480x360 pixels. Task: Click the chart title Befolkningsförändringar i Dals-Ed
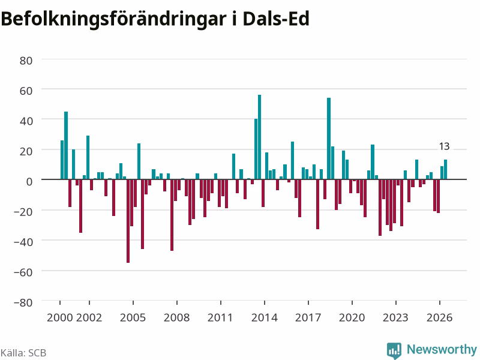[155, 19]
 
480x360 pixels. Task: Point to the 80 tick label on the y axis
[26, 61]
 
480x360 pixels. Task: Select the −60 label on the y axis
[23, 272]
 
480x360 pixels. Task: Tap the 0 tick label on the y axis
[29, 182]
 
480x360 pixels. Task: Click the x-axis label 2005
[133, 317]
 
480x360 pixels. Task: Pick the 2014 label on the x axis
[264, 317]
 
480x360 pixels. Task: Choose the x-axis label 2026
[439, 317]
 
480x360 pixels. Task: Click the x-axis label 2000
[59, 317]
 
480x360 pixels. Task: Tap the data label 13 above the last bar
[444, 146]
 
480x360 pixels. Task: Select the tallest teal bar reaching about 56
[260, 137]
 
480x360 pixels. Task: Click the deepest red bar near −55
[128, 221]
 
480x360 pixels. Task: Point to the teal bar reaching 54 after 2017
[329, 139]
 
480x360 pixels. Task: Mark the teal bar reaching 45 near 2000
[66, 145]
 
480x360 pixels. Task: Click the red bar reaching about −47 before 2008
[172, 215]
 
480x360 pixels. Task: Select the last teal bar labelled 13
[445, 169]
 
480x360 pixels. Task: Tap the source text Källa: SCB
[23, 353]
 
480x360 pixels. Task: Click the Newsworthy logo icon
[394, 350]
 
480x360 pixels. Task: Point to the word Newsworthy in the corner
[442, 349]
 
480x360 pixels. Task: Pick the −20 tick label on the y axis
[23, 212]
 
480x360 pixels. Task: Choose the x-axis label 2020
[352, 317]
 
